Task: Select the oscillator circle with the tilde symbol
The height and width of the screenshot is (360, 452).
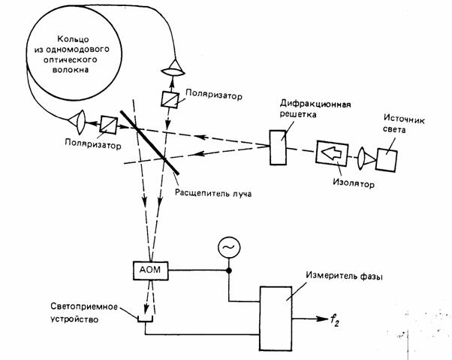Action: (x=228, y=246)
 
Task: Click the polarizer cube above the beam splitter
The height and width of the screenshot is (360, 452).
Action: (x=169, y=101)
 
